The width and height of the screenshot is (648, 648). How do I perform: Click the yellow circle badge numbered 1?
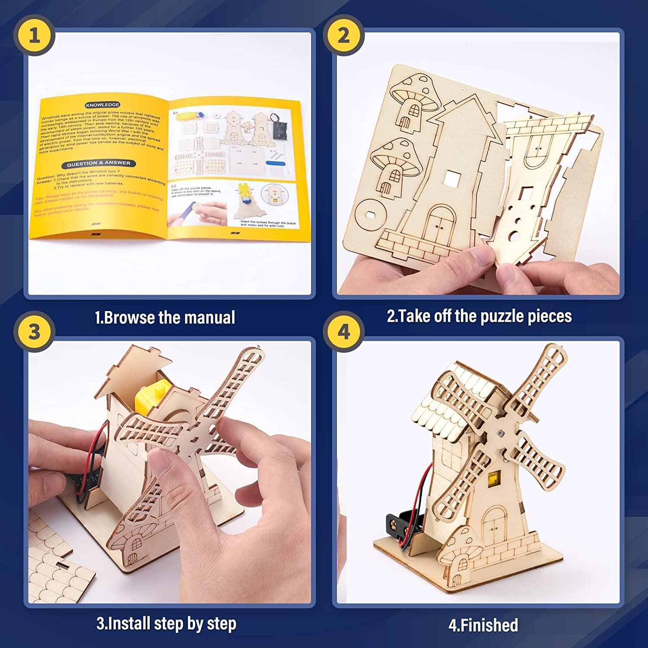pos(34,35)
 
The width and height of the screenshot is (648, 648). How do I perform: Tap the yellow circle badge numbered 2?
pos(343,35)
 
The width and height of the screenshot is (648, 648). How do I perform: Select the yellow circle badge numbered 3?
pos(34,332)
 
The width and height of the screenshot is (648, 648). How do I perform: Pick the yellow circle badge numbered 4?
pos(343,332)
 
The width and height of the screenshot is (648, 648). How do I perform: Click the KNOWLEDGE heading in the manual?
pos(102,105)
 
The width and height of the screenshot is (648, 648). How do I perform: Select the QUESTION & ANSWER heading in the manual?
pos(98,163)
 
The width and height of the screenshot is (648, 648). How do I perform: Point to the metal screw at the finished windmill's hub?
pos(500,433)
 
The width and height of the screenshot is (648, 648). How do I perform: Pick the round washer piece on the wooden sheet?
pos(371,213)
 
